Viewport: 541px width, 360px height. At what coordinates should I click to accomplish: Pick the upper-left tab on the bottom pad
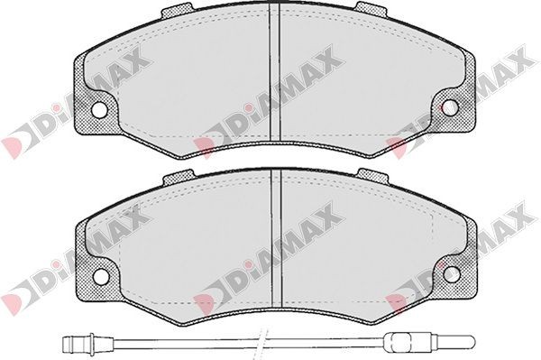178,176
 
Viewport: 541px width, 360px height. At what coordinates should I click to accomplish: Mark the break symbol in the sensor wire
262,343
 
